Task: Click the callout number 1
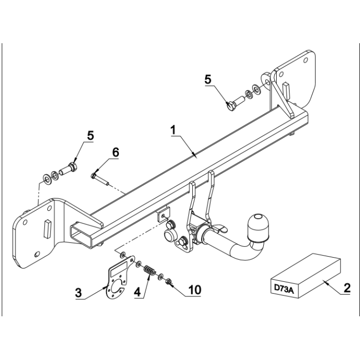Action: point(173,130)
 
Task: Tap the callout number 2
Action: point(347,287)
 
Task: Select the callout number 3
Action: point(79,293)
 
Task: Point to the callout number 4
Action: point(137,292)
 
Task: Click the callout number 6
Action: point(116,152)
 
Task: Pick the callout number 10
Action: point(195,290)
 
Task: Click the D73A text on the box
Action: point(284,288)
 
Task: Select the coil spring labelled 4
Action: point(150,271)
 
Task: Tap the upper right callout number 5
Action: point(208,79)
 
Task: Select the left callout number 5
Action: point(91,135)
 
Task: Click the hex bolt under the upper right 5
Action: point(236,103)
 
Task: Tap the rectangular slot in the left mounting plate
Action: point(47,228)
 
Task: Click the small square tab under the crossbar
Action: point(164,214)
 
